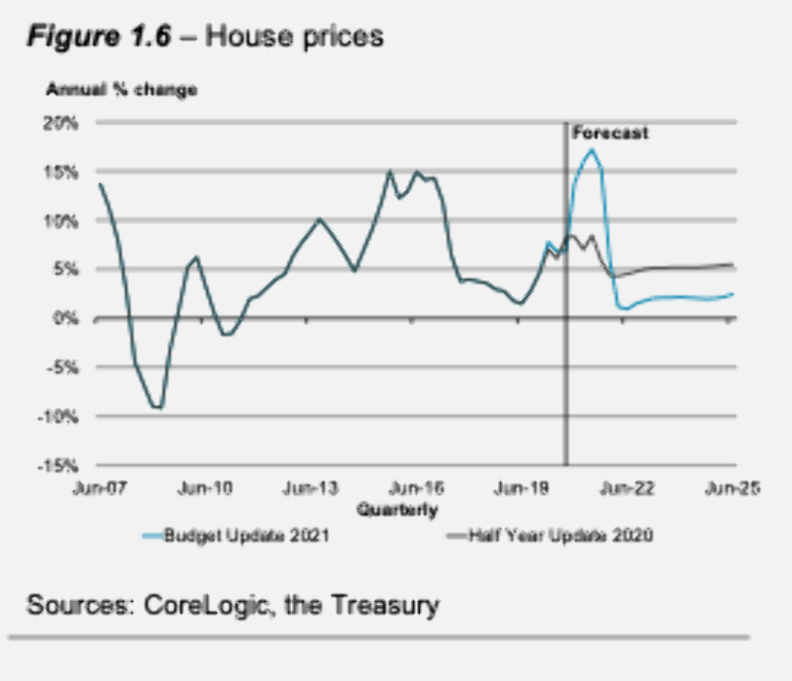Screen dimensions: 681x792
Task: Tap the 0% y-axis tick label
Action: (x=66, y=318)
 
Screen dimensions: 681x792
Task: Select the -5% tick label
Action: (x=63, y=367)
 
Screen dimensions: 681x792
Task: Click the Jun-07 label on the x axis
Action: (x=99, y=488)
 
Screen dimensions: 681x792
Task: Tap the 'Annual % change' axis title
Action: (x=122, y=89)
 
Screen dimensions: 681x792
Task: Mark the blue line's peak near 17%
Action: (x=591, y=150)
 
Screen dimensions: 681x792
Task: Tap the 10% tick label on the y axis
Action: (x=63, y=221)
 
